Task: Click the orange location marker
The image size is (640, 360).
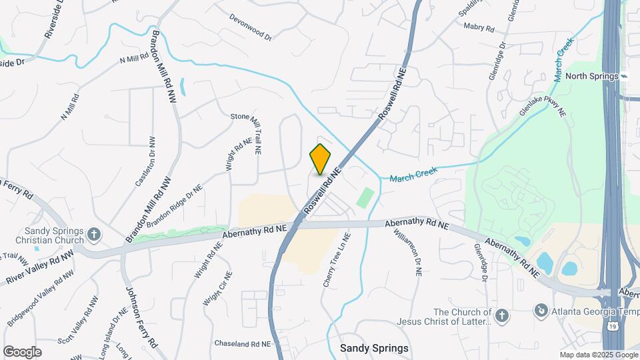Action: tap(321, 159)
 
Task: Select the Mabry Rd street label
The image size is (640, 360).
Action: tap(479, 28)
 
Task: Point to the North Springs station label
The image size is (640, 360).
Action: tap(592, 76)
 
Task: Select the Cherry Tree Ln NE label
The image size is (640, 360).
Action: tap(337, 260)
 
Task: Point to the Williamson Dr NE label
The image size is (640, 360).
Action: tap(408, 252)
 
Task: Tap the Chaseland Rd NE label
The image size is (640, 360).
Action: tap(243, 343)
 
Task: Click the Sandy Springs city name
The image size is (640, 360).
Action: tap(374, 348)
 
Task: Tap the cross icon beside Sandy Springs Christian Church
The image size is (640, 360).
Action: tap(94, 234)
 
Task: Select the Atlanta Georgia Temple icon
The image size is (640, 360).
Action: tap(541, 310)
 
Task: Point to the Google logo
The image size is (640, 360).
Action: tap(22, 351)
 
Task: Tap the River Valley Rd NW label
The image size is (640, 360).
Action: tap(39, 266)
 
